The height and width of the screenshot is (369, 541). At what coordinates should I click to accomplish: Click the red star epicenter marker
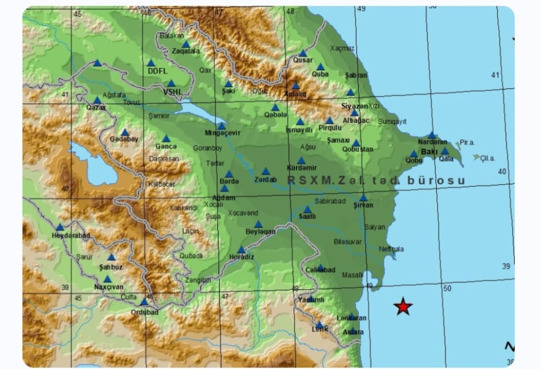click(x=403, y=306)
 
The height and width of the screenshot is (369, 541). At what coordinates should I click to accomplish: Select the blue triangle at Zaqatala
click(x=186, y=44)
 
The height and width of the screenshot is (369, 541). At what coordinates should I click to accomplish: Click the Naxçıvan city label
click(x=108, y=287)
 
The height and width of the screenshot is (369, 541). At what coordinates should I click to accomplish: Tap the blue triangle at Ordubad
click(x=144, y=302)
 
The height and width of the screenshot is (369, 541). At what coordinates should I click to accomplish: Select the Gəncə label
click(x=166, y=146)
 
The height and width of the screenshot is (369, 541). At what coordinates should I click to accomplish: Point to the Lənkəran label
click(x=352, y=318)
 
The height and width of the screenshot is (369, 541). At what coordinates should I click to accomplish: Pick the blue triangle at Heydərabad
click(x=60, y=227)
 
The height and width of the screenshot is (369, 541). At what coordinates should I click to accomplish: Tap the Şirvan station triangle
click(x=363, y=198)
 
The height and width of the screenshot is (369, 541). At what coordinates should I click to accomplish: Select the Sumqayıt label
click(x=392, y=121)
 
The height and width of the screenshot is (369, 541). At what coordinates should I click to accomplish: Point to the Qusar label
click(x=302, y=60)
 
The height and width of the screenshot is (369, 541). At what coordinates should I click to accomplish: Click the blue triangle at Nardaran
click(x=432, y=135)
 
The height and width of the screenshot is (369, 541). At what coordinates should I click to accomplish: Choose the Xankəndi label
click(x=183, y=208)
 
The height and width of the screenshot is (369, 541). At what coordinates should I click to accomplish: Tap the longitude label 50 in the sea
click(x=447, y=288)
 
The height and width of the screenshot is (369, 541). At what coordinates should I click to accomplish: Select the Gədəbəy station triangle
click(x=125, y=132)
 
